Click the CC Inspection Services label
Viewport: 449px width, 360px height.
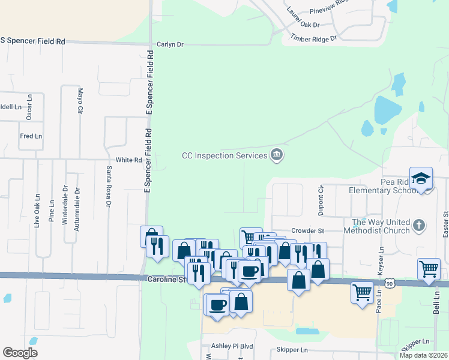224,155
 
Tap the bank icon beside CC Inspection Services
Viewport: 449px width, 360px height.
276,155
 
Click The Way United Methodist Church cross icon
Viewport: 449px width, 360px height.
419,226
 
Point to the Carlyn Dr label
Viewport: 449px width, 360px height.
170,44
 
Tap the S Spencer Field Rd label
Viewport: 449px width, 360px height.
32,41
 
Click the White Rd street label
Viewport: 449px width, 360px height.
128,160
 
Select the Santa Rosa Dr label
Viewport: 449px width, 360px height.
109,187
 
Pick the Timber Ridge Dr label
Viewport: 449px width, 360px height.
314,37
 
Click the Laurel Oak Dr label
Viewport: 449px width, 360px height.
303,18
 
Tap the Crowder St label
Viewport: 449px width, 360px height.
307,230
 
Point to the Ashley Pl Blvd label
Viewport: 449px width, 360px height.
232,347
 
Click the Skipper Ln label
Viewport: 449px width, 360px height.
292,350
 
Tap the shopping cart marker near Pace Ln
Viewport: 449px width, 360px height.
362,293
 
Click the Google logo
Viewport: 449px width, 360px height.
20,353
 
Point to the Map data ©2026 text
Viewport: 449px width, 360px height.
423,355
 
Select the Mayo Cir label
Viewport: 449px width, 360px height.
79,101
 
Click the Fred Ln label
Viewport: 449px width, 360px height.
31,136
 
